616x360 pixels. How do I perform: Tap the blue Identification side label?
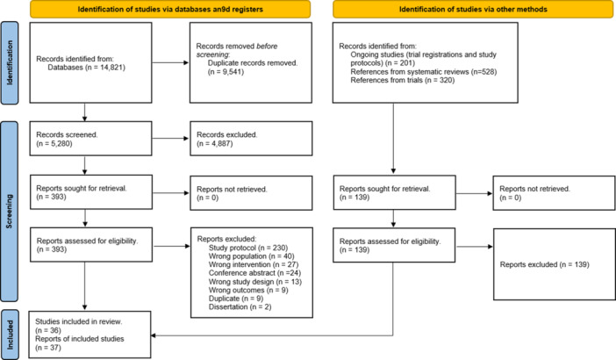[x=10, y=63]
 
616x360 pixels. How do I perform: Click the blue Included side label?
[x=10, y=335]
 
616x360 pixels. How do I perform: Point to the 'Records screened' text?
[x=67, y=135]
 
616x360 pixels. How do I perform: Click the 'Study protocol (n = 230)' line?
[x=248, y=248]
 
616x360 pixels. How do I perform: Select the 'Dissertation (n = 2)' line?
[x=240, y=307]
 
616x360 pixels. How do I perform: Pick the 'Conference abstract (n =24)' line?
[x=254, y=273]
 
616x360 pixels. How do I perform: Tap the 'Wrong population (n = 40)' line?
[x=252, y=256]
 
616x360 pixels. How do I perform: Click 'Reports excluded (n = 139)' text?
[x=545, y=264]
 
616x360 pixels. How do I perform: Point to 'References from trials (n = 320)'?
[x=403, y=80]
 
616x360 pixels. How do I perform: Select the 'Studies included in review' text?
[x=79, y=321]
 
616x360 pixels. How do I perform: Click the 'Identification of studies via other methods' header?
[x=473, y=9]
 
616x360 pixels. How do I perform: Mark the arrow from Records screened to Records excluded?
[x=170, y=139]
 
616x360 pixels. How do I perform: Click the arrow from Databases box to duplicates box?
[x=170, y=62]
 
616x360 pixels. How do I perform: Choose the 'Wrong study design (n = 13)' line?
[x=255, y=281]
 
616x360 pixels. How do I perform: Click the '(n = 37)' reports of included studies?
[x=48, y=348]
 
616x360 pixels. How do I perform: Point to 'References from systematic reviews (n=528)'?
[x=424, y=71]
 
